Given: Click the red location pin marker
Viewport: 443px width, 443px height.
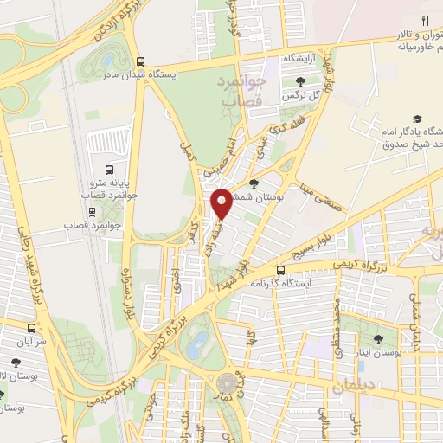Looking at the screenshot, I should click(222, 204).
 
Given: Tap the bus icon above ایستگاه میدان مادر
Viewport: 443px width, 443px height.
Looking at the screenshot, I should click(141, 61).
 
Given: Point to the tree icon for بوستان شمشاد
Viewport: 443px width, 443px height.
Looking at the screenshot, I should click(253, 183).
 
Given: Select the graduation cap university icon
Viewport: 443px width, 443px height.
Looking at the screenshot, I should click(417, 119).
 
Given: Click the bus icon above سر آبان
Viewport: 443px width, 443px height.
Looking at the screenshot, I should click(32, 329).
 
